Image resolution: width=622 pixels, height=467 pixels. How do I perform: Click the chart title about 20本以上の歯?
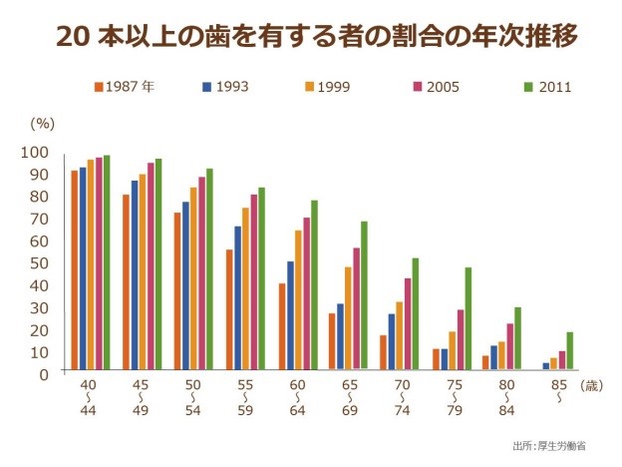tap(311, 36)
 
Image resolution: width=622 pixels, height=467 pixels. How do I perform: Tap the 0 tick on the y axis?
tap(43, 374)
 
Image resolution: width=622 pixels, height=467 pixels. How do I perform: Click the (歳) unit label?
tap(591, 385)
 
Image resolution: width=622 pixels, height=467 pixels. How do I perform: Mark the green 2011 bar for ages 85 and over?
tap(569, 351)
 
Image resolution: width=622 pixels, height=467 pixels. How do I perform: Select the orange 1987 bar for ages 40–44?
tap(75, 270)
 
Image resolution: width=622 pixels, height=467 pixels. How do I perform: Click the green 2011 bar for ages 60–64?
tap(314, 285)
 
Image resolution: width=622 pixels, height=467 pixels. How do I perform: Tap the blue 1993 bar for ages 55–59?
tap(238, 298)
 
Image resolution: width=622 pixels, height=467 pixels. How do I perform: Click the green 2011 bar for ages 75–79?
tap(467, 319)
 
